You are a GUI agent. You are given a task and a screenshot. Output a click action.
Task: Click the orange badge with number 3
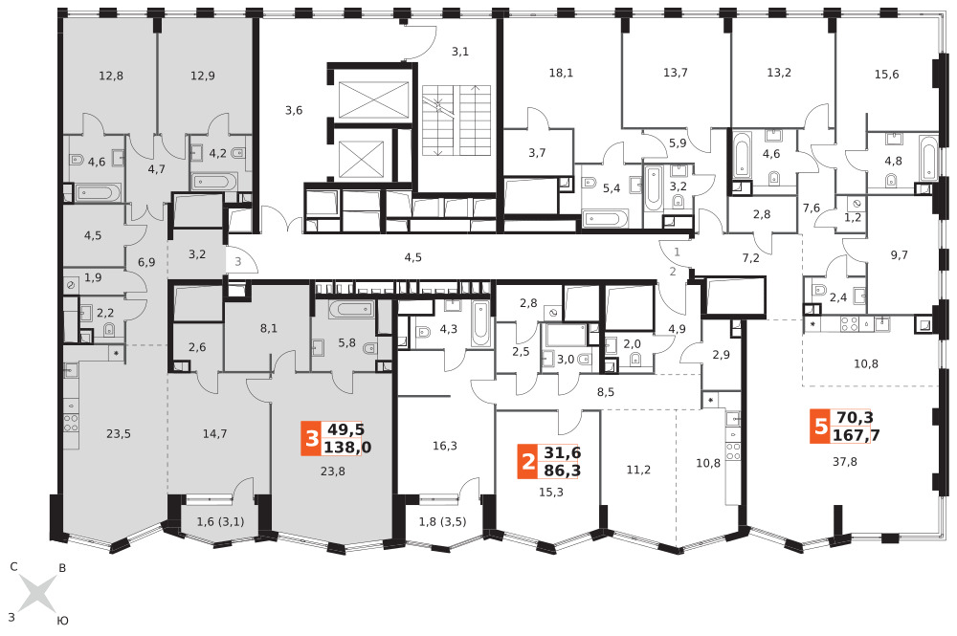pos(312,438)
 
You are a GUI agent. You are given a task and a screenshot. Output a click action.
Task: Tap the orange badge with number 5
pos(820,427)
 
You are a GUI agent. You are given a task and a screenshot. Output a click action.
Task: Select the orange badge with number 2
pos(527,461)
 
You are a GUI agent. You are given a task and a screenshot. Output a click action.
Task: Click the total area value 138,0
pos(346,448)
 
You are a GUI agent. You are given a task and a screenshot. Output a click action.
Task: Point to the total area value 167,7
pos(854,435)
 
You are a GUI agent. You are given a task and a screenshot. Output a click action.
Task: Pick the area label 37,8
pos(845,462)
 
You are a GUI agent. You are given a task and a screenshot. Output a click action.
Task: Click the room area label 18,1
pos(561,74)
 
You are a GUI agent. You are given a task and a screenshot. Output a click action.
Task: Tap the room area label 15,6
pos(886,75)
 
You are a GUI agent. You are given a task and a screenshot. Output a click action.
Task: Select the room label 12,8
pos(111,77)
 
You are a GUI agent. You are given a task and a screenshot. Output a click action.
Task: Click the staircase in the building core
pos(456,121)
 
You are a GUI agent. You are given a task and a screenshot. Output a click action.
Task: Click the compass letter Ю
pos(62,621)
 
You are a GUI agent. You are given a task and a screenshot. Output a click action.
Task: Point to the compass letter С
pos(14,566)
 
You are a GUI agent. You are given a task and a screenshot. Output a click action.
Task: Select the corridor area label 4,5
pos(413,257)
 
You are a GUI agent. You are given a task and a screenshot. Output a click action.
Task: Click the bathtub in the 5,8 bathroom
pos(351,309)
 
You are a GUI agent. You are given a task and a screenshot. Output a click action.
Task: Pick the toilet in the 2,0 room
pos(635,360)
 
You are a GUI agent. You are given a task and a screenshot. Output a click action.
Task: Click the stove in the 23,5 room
pos(72,422)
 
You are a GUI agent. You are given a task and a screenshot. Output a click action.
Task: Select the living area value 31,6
pos(562,453)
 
